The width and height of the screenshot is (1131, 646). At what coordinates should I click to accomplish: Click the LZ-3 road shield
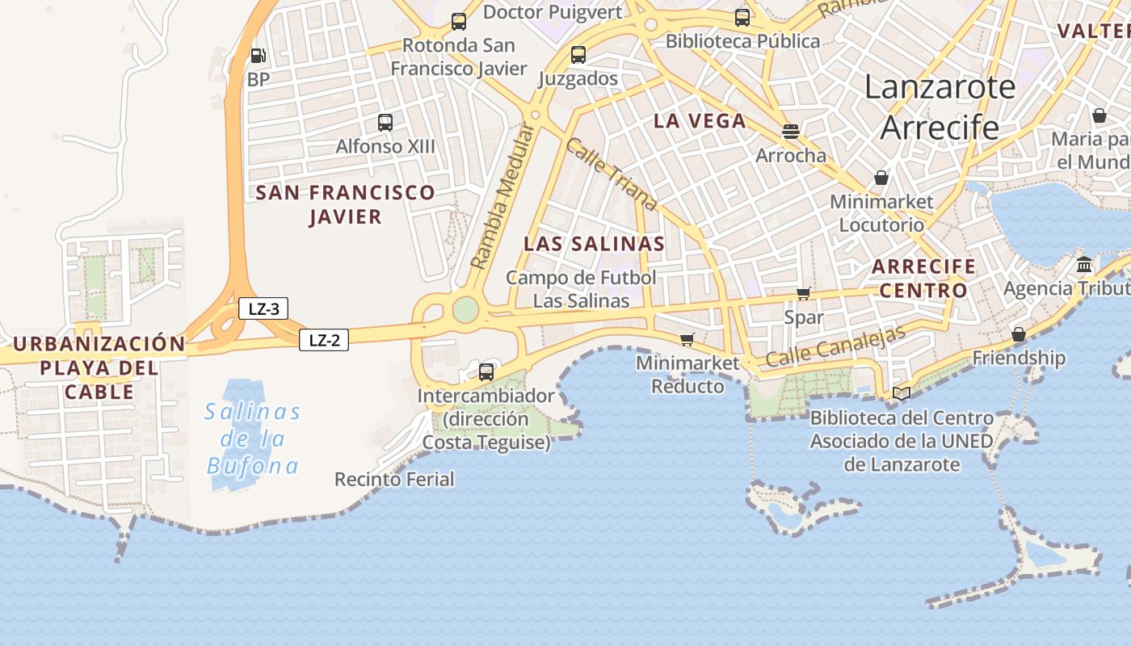point(263,308)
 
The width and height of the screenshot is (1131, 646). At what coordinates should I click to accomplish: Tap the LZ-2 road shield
point(324,340)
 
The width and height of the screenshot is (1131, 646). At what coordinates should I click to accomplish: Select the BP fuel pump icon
point(258,56)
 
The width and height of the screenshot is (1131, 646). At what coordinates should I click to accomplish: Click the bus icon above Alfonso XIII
point(385,123)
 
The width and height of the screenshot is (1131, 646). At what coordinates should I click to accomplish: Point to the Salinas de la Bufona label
point(252,438)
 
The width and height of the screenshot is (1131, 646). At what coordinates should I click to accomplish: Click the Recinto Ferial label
point(394,479)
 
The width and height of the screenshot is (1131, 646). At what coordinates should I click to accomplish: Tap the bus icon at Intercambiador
point(486,371)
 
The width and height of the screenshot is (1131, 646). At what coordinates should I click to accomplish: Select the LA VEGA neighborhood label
point(700,121)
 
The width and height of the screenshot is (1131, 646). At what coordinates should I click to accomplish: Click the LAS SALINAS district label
point(595,244)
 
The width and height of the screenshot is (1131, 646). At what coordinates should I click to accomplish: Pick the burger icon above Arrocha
point(791,132)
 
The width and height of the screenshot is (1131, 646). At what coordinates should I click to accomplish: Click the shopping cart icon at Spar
point(803,293)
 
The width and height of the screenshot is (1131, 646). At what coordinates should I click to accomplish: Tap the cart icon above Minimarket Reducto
point(687,339)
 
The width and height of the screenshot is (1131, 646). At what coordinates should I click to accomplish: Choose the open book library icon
point(902,393)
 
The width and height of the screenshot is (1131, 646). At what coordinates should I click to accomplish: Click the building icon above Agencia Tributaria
point(1084,264)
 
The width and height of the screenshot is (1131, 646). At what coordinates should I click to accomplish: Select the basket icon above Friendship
point(1019,333)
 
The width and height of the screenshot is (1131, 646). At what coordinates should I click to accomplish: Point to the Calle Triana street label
point(611,174)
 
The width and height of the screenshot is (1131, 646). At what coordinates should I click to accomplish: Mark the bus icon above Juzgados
point(578,55)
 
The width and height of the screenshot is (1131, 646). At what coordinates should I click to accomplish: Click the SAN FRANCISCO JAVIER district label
point(345,204)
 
